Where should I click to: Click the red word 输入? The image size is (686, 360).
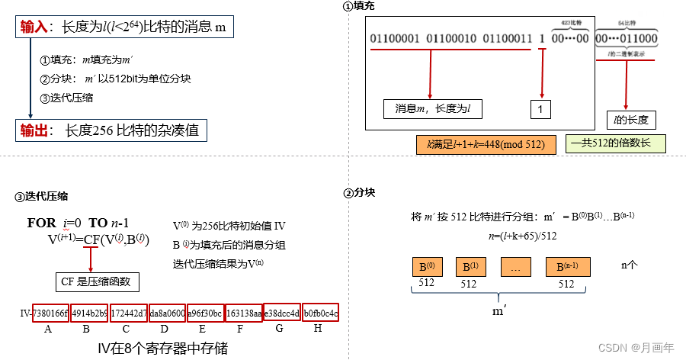tap(34, 27)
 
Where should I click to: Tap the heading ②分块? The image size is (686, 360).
tap(359, 193)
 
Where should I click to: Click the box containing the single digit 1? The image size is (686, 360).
tap(540, 110)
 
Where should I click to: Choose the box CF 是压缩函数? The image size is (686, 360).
tap(95, 281)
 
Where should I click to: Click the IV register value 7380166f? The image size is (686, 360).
tap(50, 313)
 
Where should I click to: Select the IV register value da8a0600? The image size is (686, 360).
tap(167, 313)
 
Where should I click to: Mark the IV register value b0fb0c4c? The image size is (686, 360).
tap(321, 313)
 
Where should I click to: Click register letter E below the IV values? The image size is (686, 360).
tap(202, 329)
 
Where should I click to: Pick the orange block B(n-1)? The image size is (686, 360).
tap(567, 268)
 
